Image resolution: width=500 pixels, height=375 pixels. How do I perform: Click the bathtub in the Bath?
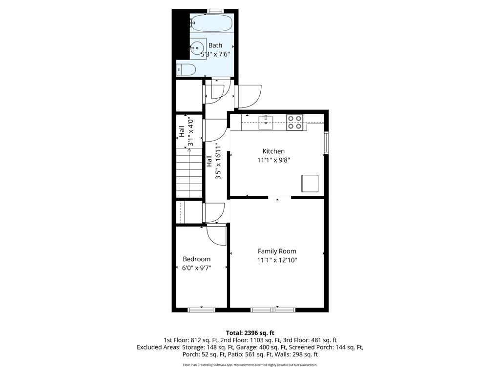click(212, 22)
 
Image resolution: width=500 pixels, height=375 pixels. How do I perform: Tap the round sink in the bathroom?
click(197, 48)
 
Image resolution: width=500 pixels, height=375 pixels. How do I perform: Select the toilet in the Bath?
click(187, 69)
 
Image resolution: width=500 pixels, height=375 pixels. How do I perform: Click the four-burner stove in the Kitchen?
click(295, 122)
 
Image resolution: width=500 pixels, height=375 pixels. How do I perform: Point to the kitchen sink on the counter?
click(266, 121)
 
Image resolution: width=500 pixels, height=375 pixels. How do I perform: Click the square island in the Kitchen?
click(310, 183)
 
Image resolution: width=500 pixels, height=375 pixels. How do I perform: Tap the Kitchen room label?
click(273, 151)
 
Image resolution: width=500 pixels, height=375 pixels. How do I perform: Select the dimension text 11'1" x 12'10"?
click(277, 260)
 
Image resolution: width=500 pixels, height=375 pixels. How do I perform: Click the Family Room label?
click(277, 251)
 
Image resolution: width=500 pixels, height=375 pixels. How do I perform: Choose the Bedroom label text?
click(196, 259)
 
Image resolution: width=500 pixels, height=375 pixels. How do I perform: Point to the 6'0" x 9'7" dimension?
click(196, 268)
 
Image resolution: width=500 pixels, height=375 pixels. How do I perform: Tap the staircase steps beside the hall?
click(189, 173)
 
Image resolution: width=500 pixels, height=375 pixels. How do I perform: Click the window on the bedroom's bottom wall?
click(202, 310)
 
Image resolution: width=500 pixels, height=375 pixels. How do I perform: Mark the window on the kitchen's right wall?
click(327, 142)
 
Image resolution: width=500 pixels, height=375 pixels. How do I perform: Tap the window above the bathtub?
click(215, 11)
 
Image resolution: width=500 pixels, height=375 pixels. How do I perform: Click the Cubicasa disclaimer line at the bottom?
click(250, 365)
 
